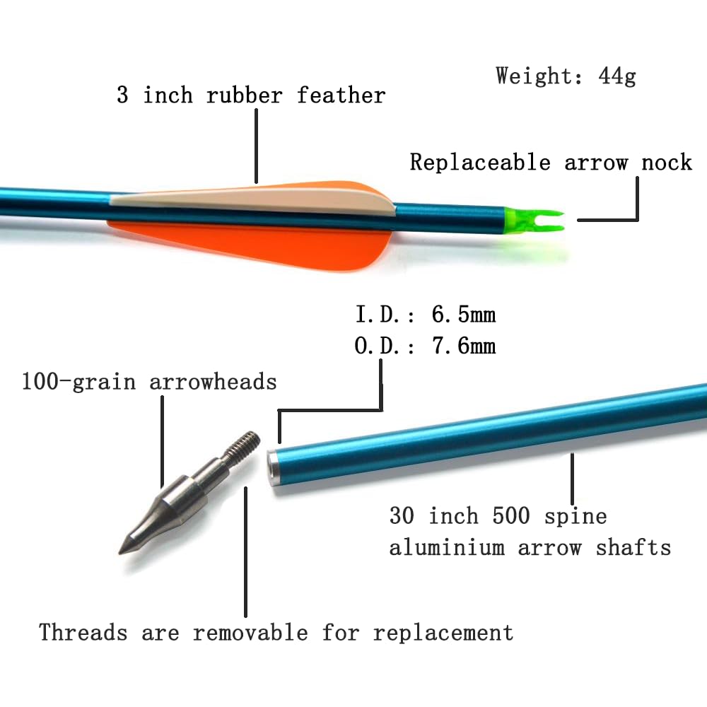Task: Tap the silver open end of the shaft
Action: click(x=273, y=468)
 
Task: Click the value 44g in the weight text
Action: click(x=617, y=76)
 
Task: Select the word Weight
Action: click(x=533, y=76)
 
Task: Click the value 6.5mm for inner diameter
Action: click(x=464, y=315)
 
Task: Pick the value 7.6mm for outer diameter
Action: click(x=464, y=346)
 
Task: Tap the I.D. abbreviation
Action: click(x=378, y=315)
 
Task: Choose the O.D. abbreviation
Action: click(x=378, y=346)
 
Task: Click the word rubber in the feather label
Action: click(x=245, y=95)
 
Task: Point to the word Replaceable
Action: click(x=480, y=162)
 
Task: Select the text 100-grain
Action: click(x=78, y=382)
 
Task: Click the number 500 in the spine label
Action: click(x=511, y=515)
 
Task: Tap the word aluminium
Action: click(x=447, y=548)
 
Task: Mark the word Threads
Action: click(x=83, y=632)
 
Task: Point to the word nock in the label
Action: click(x=667, y=162)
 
